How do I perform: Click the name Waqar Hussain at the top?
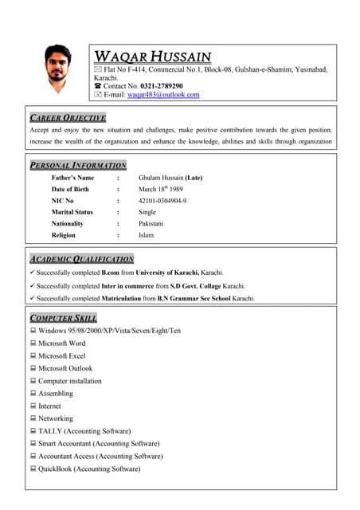(x=153, y=57)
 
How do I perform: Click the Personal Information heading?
(x=77, y=165)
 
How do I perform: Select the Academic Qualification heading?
(x=81, y=259)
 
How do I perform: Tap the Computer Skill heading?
(x=63, y=317)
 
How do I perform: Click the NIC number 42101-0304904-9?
(x=162, y=201)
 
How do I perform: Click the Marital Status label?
(x=72, y=213)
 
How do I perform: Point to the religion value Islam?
(x=147, y=236)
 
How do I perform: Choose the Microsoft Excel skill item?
(x=61, y=356)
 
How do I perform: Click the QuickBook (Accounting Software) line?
(x=89, y=469)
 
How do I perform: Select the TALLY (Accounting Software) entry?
(x=84, y=431)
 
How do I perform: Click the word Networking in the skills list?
(x=56, y=418)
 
